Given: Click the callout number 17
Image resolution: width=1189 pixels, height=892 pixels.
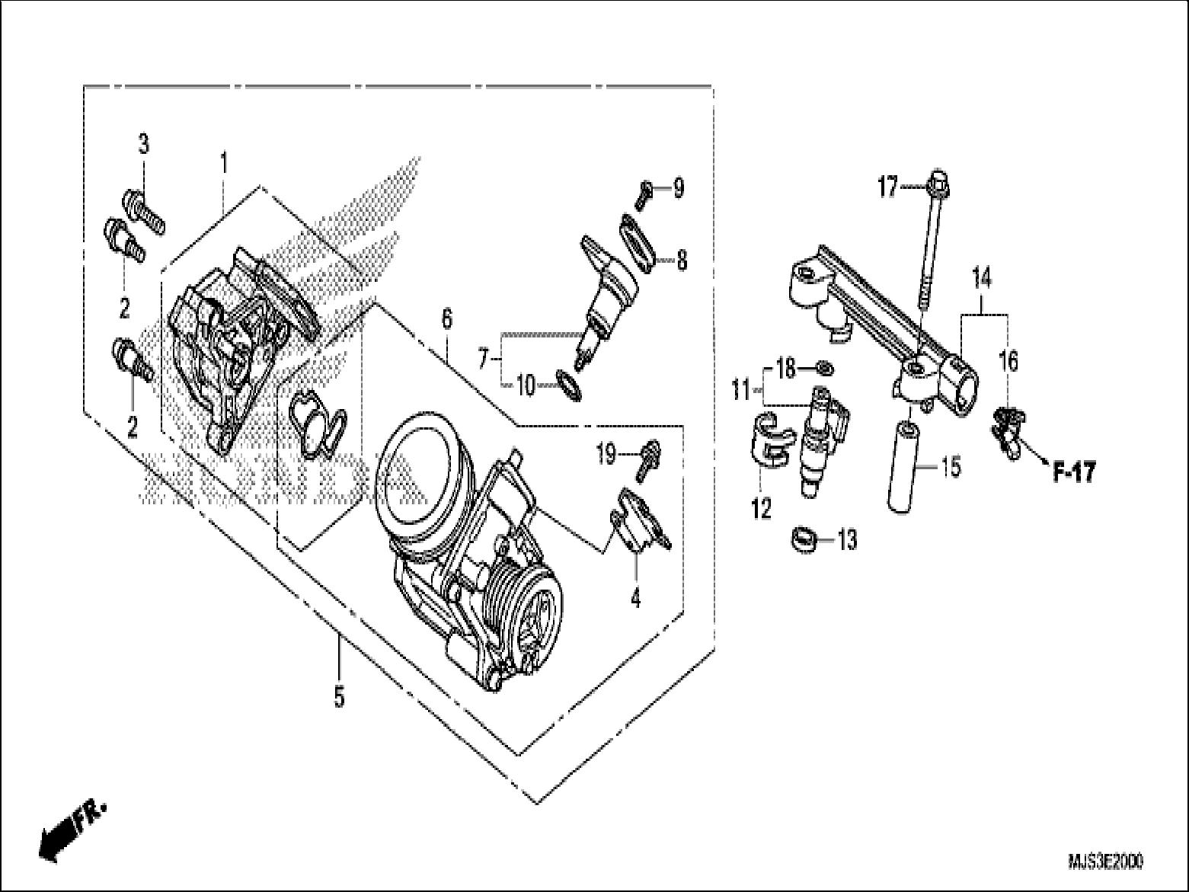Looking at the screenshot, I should pyautogui.click(x=888, y=187).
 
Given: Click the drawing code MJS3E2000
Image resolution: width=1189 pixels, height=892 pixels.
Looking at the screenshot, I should pyautogui.click(x=1104, y=862).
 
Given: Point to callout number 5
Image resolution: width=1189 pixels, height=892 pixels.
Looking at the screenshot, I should pyautogui.click(x=339, y=696).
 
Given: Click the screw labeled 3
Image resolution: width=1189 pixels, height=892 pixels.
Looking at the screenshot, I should pyautogui.click(x=143, y=201).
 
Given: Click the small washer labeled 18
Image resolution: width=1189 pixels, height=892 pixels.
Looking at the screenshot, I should pyautogui.click(x=824, y=369).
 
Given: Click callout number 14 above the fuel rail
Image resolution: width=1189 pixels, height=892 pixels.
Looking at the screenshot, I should pyautogui.click(x=982, y=279).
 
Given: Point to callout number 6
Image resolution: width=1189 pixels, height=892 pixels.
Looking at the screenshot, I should pyautogui.click(x=446, y=318).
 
